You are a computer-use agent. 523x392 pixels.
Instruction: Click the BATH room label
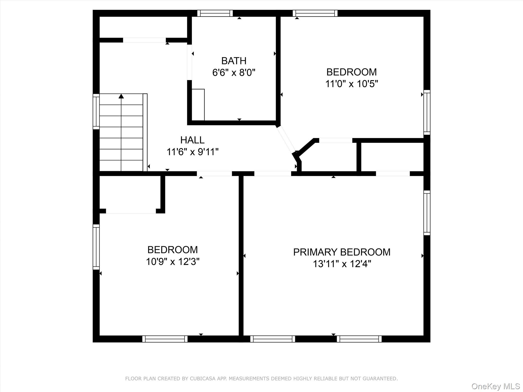234,61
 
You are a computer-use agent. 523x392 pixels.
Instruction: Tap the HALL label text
192,140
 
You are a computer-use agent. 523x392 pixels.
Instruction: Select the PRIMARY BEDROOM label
342,252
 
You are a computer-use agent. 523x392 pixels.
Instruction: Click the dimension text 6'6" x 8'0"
234,72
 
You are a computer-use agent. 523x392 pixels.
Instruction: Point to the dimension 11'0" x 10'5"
351,84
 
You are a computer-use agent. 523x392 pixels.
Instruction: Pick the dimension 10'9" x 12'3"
173,262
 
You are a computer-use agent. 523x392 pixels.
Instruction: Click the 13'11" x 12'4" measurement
342,264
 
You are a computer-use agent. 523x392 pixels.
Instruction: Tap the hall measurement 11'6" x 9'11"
192,152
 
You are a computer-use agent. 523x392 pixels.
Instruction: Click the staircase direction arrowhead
121,96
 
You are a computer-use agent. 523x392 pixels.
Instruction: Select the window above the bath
215,13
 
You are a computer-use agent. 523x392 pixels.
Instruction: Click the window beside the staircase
96,112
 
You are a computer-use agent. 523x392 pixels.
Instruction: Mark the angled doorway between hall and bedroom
286,139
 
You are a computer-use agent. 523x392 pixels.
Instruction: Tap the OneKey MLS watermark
496,386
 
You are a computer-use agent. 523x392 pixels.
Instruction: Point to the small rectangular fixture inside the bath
198,105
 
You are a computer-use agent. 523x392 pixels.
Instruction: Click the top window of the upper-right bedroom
315,13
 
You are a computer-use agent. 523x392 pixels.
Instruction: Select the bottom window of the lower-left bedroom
165,339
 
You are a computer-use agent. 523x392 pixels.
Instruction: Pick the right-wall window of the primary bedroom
427,213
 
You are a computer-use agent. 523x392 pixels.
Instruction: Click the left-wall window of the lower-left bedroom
96,247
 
